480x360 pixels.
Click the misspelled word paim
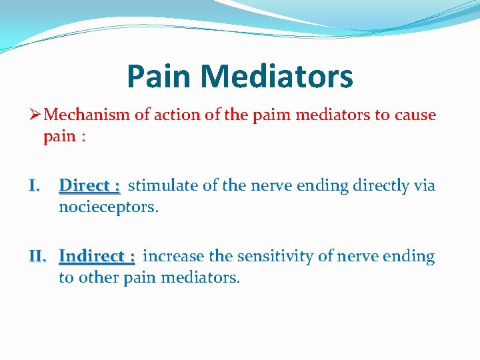point(270,115)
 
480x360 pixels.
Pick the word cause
point(415,115)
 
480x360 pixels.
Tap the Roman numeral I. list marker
point(35,185)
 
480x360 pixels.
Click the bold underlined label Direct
point(85,185)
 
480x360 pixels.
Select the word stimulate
point(163,185)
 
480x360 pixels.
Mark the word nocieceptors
point(109,207)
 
